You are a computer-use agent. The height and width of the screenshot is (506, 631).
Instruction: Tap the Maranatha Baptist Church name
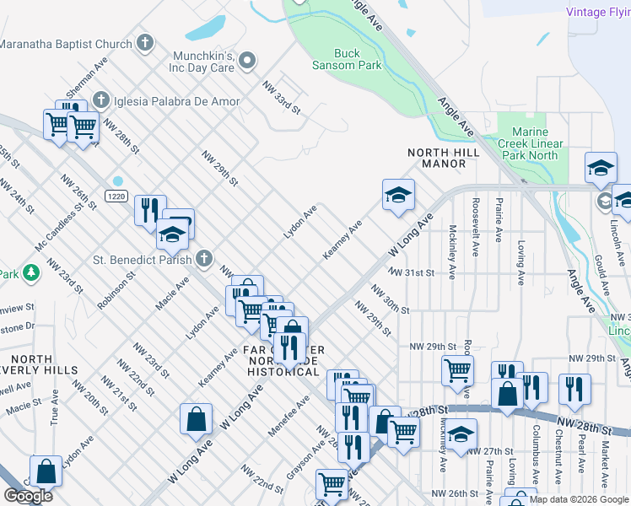pos(67,45)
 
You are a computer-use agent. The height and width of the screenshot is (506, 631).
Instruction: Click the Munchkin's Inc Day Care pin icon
pos(247,61)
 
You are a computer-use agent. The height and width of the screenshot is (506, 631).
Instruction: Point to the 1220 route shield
pos(117,196)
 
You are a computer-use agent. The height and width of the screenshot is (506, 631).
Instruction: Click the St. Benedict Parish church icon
pos(203,257)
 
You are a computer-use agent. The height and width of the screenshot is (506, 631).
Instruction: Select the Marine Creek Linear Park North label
pos(535,143)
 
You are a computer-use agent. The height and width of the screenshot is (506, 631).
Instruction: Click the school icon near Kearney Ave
pos(398,196)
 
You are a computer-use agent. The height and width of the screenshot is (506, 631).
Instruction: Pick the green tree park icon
pos(31,272)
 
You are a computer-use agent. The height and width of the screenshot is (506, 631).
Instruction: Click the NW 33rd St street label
pos(281,98)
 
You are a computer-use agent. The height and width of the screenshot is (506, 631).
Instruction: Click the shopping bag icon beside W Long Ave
pos(196,420)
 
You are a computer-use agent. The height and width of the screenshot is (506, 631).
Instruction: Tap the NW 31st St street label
pos(411,273)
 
